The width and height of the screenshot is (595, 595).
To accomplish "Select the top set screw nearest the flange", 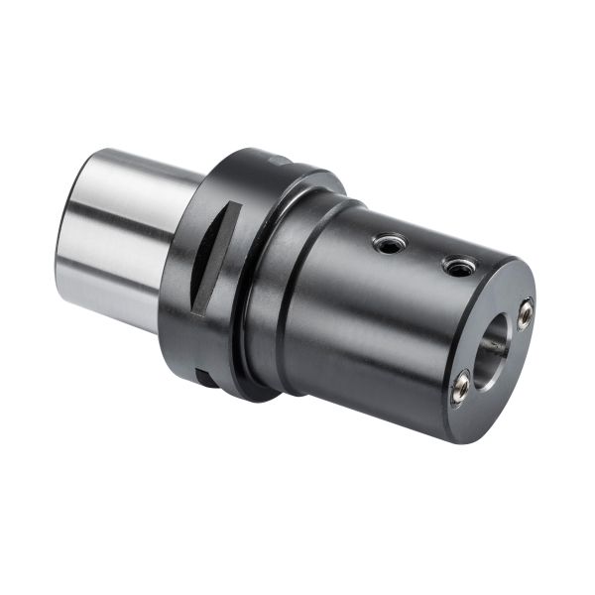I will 390,243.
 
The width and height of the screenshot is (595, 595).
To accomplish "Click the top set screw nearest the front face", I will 458,266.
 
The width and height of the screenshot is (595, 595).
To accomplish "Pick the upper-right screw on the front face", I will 525,312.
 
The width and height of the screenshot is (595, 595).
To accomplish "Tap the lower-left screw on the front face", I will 460,388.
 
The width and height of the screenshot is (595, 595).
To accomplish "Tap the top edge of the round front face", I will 501,266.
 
